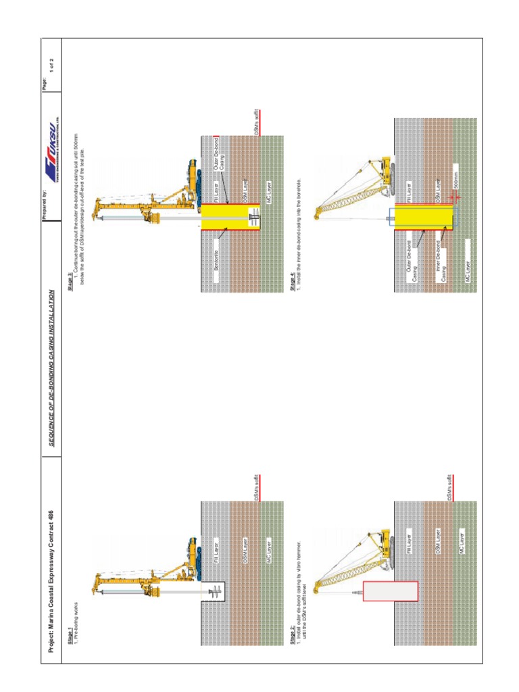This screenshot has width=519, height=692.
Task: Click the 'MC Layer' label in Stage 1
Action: click(x=268, y=543)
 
